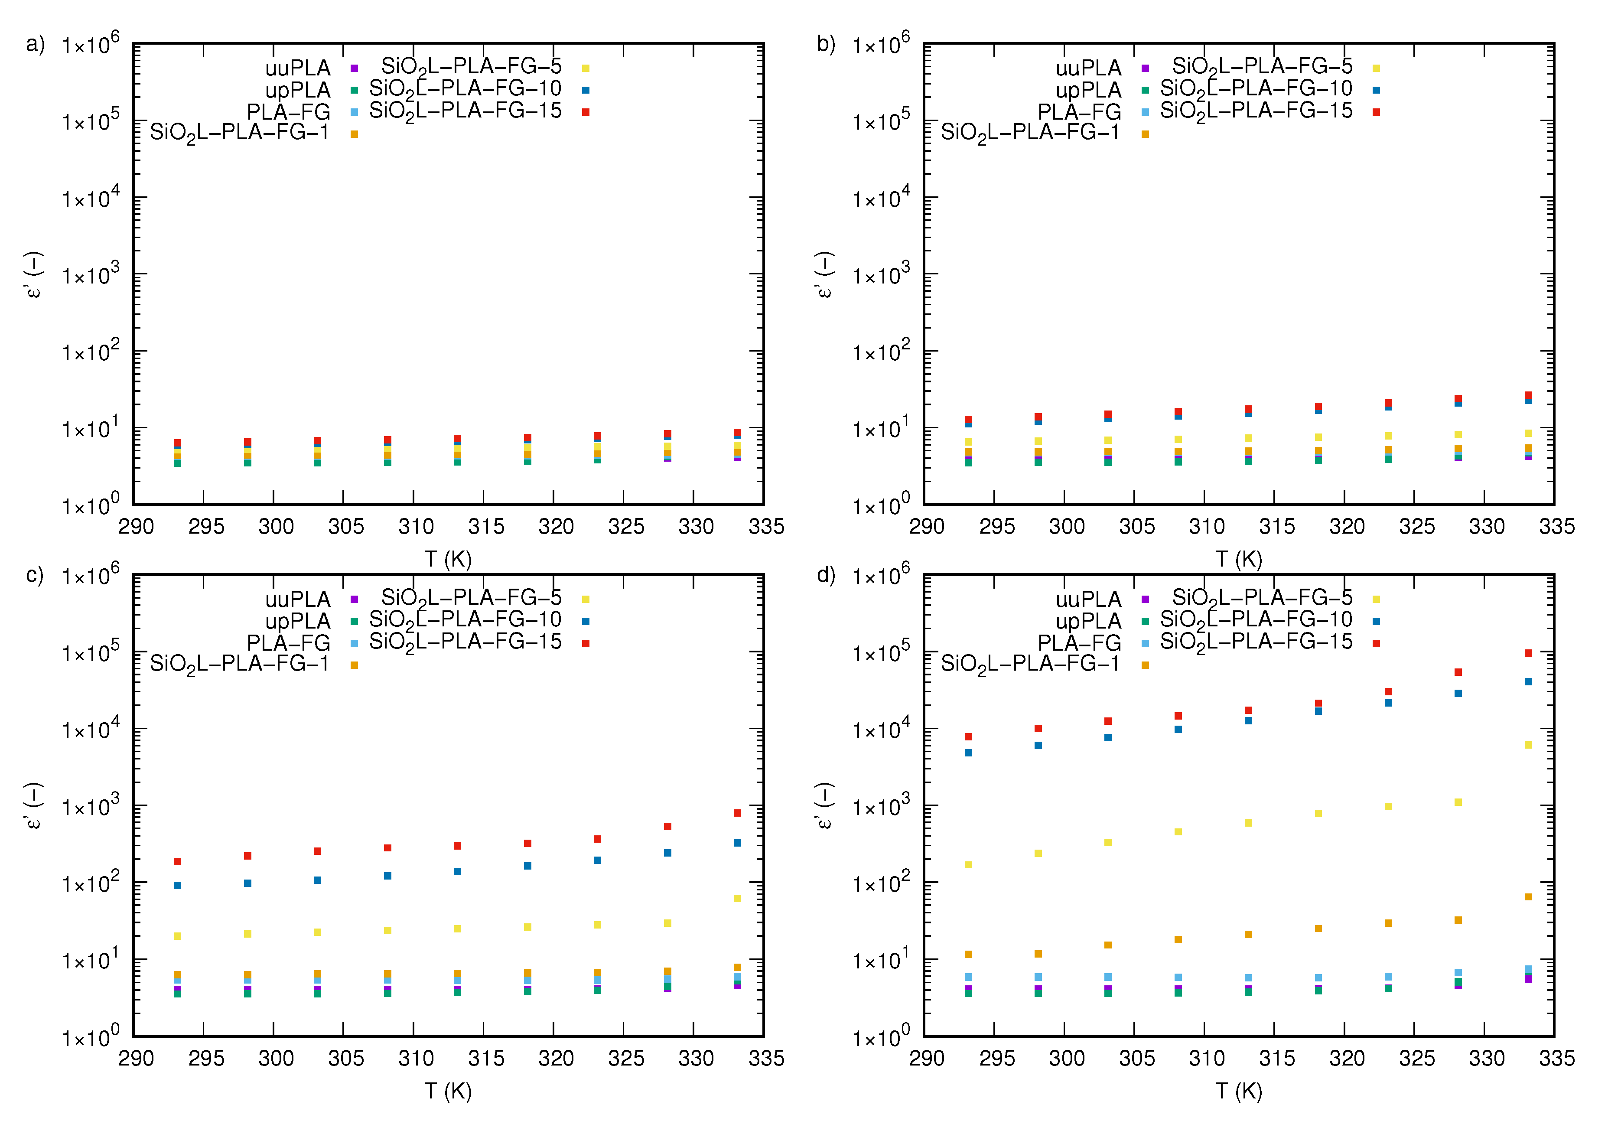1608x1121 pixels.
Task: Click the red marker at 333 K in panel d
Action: (x=1528, y=653)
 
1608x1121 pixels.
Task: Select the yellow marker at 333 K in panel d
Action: (x=1528, y=745)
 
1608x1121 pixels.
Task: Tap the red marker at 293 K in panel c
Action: (x=177, y=861)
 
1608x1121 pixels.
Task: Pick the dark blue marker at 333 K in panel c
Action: (x=737, y=843)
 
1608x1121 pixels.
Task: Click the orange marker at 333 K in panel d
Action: (x=1528, y=897)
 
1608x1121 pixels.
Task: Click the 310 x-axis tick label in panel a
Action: (x=415, y=527)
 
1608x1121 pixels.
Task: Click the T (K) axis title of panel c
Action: (x=448, y=1091)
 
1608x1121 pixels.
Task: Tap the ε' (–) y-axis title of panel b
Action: (x=824, y=275)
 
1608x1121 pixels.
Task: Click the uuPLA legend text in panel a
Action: (x=298, y=68)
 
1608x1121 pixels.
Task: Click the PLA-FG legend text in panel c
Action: (x=289, y=642)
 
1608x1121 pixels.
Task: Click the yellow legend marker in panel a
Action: (x=586, y=68)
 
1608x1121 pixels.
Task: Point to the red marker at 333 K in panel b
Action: (x=1528, y=395)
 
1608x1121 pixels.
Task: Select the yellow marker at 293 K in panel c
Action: (x=177, y=936)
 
